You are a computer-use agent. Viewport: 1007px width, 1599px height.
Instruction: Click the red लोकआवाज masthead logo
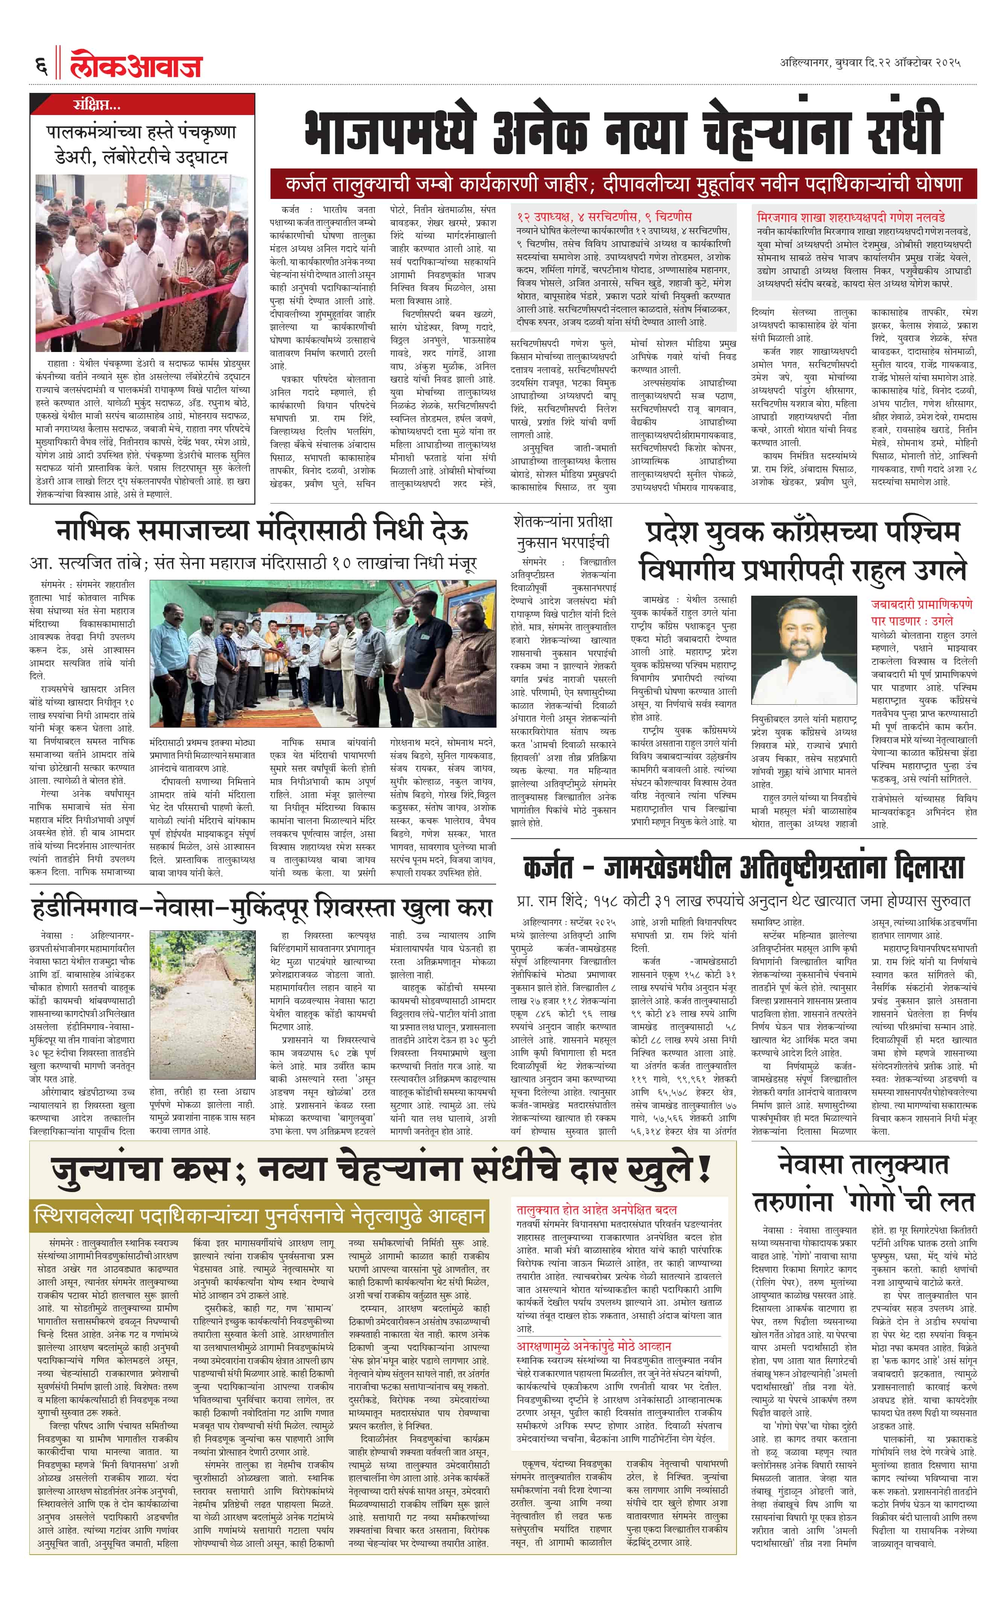(136, 64)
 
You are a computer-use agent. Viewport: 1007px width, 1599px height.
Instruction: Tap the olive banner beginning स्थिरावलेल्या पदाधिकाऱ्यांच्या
(259, 1215)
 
